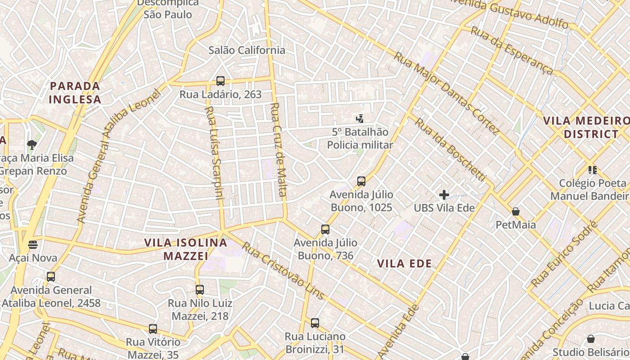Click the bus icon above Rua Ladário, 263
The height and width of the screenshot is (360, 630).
[220, 81]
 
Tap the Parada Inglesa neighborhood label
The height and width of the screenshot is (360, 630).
[75, 92]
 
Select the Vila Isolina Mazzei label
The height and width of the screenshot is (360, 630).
[185, 249]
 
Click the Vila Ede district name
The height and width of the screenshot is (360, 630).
[404, 264]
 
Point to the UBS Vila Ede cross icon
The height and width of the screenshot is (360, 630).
[444, 195]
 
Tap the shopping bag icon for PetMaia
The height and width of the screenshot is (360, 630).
[516, 211]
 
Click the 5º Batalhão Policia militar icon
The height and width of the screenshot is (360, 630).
[360, 119]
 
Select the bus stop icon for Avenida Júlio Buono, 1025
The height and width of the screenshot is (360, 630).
[361, 181]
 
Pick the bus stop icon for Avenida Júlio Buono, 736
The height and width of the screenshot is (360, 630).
[325, 229]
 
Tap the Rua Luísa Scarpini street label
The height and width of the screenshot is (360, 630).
[213, 153]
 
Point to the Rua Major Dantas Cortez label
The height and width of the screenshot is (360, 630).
[446, 93]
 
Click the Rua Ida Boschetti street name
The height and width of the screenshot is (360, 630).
[450, 150]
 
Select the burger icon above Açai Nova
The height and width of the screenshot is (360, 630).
[32, 245]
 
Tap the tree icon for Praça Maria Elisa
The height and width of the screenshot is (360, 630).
[31, 144]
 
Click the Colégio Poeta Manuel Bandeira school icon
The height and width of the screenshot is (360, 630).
[592, 170]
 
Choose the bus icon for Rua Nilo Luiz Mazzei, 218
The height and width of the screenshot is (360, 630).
[200, 290]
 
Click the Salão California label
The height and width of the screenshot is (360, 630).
[247, 50]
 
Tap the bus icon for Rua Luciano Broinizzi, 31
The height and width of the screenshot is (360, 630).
[315, 323]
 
